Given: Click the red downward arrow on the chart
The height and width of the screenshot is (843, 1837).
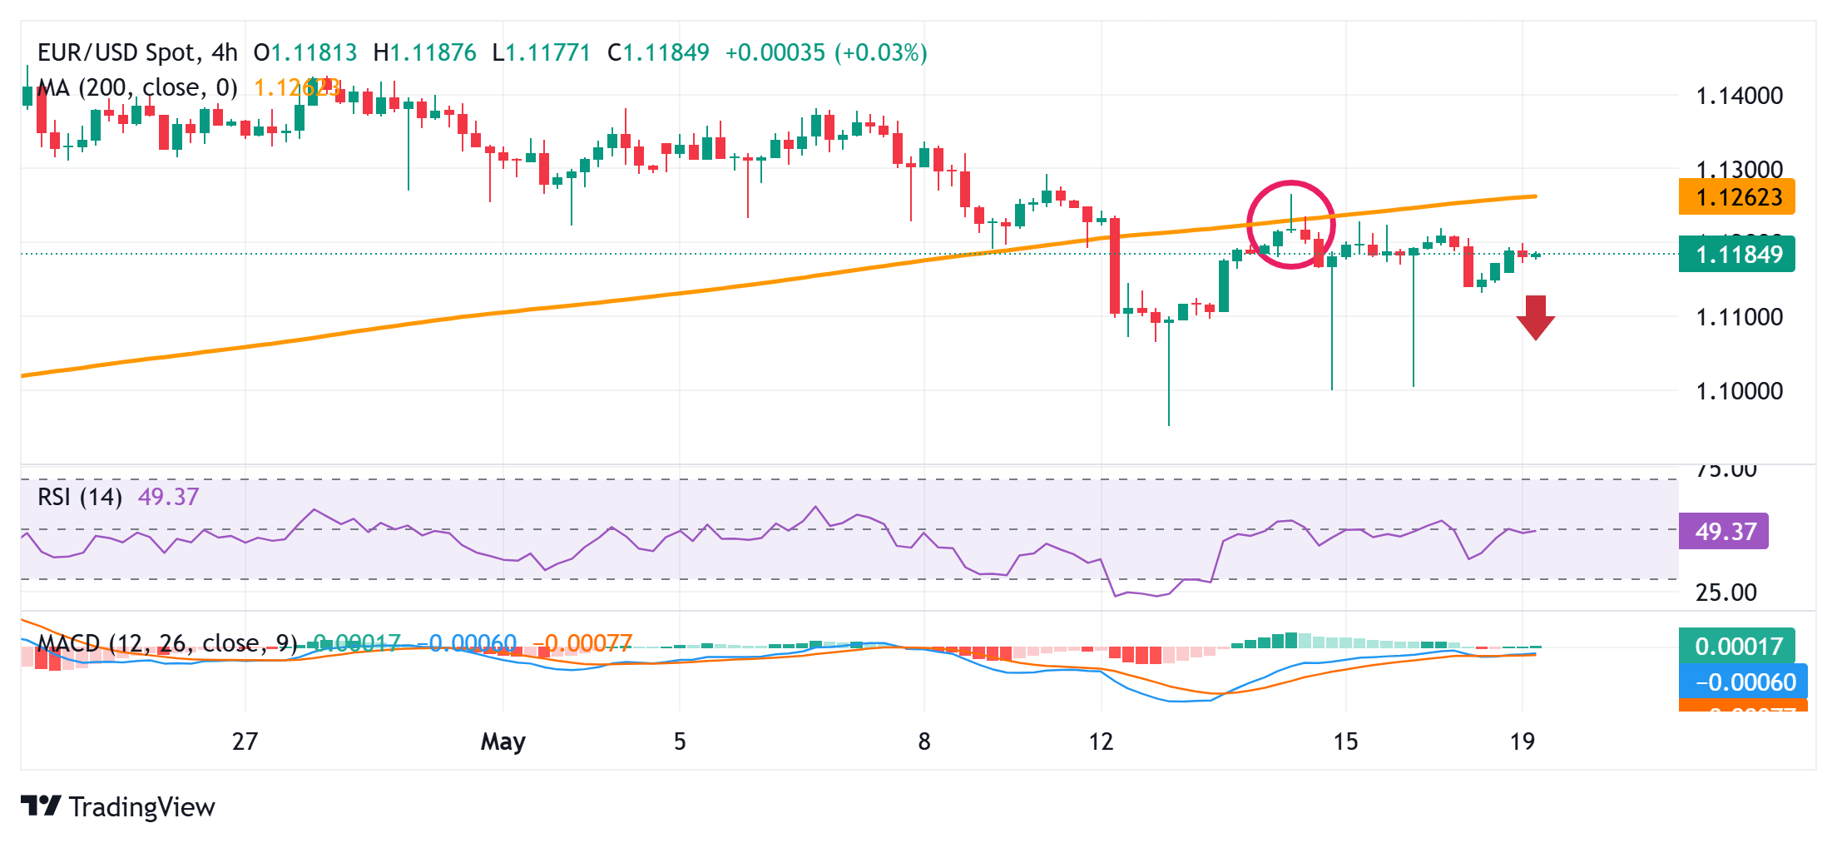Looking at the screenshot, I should [x=1535, y=317].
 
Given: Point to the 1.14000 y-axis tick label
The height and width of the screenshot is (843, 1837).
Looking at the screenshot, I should [x=1739, y=96].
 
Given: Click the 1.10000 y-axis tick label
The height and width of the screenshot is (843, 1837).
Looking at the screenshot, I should [x=1739, y=390].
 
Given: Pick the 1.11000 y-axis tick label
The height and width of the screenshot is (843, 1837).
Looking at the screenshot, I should [x=1739, y=317].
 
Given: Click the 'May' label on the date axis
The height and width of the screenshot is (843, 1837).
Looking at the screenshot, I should [x=503, y=741].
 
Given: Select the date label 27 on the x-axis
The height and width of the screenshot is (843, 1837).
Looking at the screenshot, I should [x=245, y=741].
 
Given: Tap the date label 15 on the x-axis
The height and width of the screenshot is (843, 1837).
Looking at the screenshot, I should [x=1345, y=741].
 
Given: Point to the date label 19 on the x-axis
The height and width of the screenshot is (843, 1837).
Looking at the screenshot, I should [x=1522, y=741].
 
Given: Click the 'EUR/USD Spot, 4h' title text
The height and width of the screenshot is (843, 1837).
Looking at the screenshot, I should [x=137, y=52].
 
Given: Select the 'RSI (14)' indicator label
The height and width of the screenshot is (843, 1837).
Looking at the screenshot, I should [x=80, y=497].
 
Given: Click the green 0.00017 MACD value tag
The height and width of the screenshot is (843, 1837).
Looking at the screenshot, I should [x=1737, y=646].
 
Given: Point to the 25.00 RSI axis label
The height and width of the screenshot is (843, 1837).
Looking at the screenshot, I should [x=1726, y=593].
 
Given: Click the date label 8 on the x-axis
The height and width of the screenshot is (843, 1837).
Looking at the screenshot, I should [x=923, y=741].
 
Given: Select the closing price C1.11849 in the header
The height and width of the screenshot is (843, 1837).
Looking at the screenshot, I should [x=658, y=52].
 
